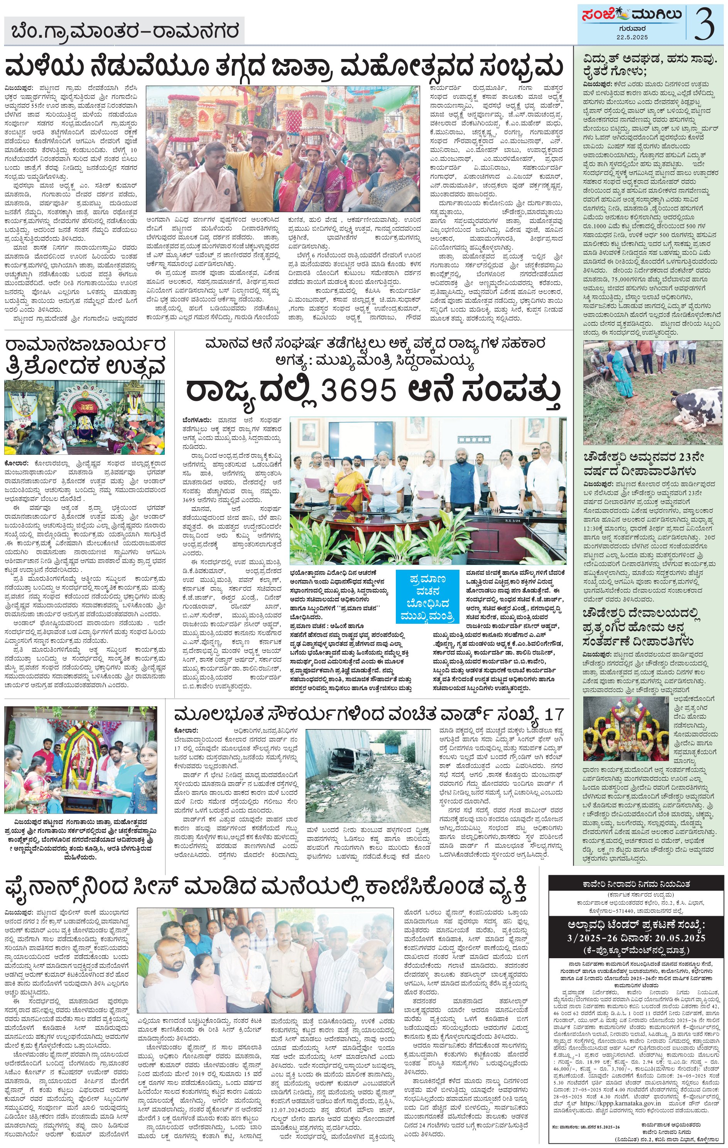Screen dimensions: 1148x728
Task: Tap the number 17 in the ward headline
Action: (x=554, y=714)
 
